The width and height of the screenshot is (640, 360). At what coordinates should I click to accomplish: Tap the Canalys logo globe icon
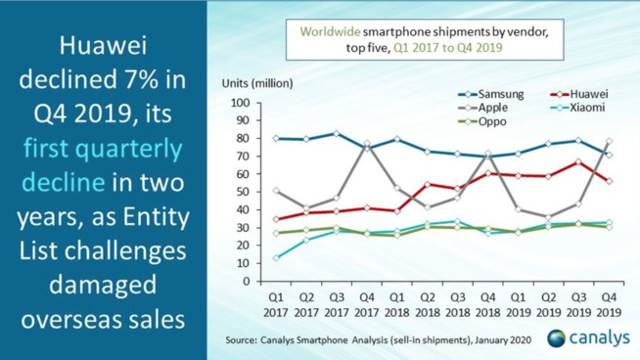pyautogui.click(x=558, y=337)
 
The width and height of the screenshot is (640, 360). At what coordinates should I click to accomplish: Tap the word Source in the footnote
pyautogui.click(x=245, y=338)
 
